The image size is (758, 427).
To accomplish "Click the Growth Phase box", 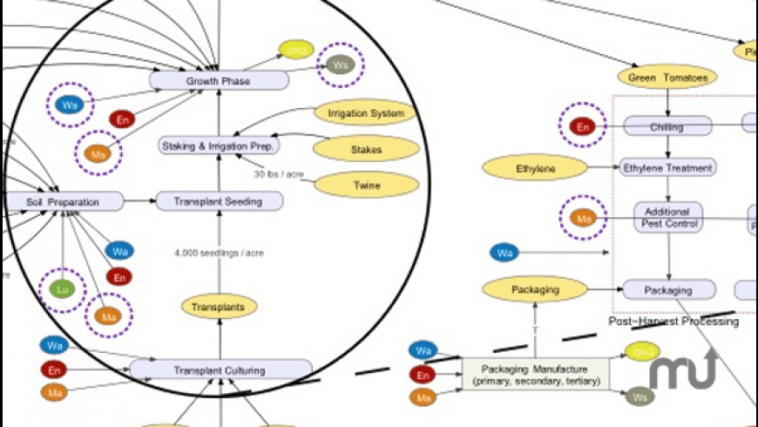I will click(218, 81).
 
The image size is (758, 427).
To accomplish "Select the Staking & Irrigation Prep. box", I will click(220, 146).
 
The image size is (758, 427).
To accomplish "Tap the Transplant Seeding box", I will click(220, 201).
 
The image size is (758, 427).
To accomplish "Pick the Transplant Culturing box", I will click(220, 369).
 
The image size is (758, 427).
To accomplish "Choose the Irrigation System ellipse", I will click(365, 113).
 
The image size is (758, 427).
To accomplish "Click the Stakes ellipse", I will click(366, 150).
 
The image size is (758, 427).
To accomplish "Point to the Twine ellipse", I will click(366, 185).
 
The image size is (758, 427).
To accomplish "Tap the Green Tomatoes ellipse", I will click(667, 78).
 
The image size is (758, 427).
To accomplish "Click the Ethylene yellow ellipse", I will click(534, 166).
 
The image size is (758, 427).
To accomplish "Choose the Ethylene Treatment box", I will click(667, 167).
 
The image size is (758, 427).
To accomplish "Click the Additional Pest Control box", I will click(667, 217).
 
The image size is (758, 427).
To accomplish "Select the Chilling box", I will click(667, 127).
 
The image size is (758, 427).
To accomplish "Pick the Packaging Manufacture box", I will click(535, 375).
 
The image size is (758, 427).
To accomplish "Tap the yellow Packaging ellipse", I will click(534, 288).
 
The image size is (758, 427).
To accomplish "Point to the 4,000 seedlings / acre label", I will click(219, 253).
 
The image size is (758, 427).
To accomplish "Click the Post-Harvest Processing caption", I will click(673, 322).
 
